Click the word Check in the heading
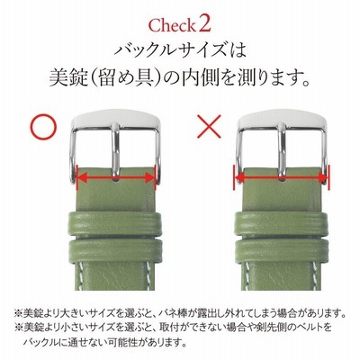click(171, 25)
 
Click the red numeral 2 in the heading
click(203, 24)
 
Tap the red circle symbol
click(44, 127)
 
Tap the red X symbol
click(210, 126)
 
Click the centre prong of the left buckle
click(115, 151)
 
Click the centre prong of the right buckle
click(282, 151)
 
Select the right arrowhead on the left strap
click(150, 178)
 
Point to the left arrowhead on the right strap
click(240, 178)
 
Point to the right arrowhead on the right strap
click(322, 178)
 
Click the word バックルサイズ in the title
click(170, 51)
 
